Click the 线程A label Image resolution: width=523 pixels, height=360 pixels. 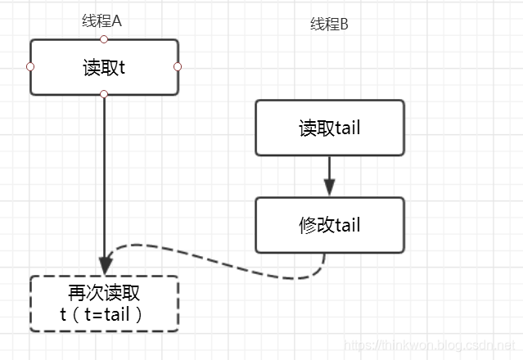pyautogui.click(x=102, y=22)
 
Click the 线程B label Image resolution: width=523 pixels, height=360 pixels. pyautogui.click(x=329, y=25)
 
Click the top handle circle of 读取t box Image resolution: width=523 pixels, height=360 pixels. pyautogui.click(x=104, y=38)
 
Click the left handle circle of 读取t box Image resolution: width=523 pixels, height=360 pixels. pyautogui.click(x=30, y=66)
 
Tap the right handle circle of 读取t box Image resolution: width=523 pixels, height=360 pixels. pyautogui.click(x=178, y=66)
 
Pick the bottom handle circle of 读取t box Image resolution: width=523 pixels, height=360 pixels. pyautogui.click(x=104, y=95)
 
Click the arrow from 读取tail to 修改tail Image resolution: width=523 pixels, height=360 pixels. pyautogui.click(x=329, y=173)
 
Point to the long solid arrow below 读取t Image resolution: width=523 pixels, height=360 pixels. pyautogui.click(x=105, y=180)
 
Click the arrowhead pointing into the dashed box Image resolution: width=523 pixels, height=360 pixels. pyautogui.click(x=105, y=267)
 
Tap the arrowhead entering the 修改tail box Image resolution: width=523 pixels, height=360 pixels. pyautogui.click(x=329, y=189)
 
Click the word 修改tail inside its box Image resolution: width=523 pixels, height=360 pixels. pyautogui.click(x=329, y=225)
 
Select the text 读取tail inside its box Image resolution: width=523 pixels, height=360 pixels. pyautogui.click(x=329, y=128)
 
